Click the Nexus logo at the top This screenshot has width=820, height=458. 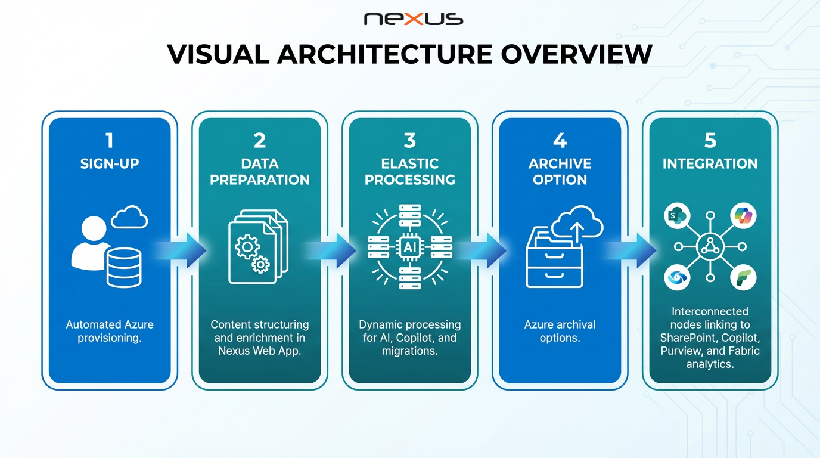(413, 19)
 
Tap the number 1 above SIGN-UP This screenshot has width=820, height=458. (109, 141)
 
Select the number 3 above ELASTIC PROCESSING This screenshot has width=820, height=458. (409, 141)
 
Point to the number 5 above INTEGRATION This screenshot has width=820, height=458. (710, 141)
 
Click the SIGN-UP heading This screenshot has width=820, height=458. (110, 163)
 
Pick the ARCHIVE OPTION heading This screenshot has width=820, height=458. (560, 171)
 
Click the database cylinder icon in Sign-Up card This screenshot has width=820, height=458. (124, 267)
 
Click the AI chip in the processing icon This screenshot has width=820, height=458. (410, 246)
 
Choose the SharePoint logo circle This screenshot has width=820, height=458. (677, 216)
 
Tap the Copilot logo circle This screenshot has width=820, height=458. (743, 216)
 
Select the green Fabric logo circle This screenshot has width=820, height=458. (743, 277)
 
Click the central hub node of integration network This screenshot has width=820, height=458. (710, 246)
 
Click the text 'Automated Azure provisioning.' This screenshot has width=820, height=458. (110, 331)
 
